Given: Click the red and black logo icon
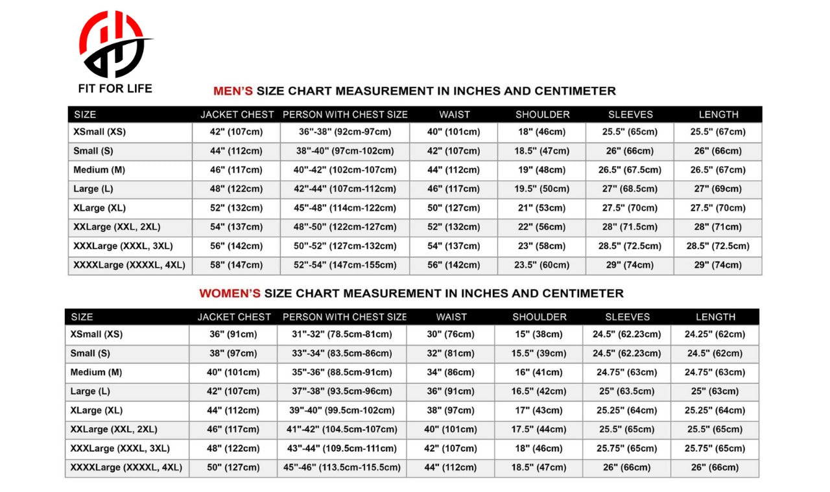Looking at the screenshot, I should click(x=115, y=43).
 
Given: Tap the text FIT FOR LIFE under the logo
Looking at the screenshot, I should click(x=115, y=88).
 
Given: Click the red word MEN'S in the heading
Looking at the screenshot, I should click(x=233, y=91).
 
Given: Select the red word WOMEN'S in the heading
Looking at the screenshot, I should click(x=230, y=293).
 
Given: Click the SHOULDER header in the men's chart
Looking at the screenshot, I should click(x=542, y=115).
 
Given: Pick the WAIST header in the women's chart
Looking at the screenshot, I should click(x=451, y=317).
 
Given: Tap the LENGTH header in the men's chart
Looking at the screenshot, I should click(x=718, y=115).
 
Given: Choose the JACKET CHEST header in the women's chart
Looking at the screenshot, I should click(x=234, y=317).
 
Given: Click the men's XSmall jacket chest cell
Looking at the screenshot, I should click(x=236, y=132).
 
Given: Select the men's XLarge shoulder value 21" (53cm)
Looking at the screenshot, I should click(x=542, y=208).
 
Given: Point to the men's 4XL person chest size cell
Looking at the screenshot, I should click(x=345, y=265).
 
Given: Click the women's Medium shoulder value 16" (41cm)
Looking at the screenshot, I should click(x=539, y=373).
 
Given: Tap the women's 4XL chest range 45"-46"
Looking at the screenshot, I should click(x=342, y=467).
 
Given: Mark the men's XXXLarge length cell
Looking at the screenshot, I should click(x=718, y=246).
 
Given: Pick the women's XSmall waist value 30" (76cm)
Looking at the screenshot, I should click(x=451, y=334).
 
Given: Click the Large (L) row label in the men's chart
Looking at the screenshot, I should click(x=93, y=189).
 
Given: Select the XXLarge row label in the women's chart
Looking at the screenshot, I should click(x=114, y=429).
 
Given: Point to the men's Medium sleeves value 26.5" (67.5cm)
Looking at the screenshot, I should click(x=630, y=170).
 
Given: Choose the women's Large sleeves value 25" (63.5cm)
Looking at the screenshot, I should click(x=627, y=392).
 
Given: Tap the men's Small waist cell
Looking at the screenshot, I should click(x=454, y=151).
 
